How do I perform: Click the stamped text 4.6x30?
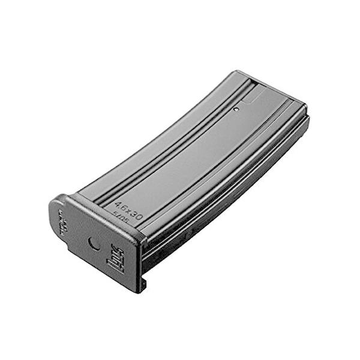(128, 211)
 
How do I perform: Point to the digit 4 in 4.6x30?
(118, 205)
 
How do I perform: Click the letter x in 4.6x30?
(128, 211)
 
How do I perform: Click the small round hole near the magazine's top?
(236, 109)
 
